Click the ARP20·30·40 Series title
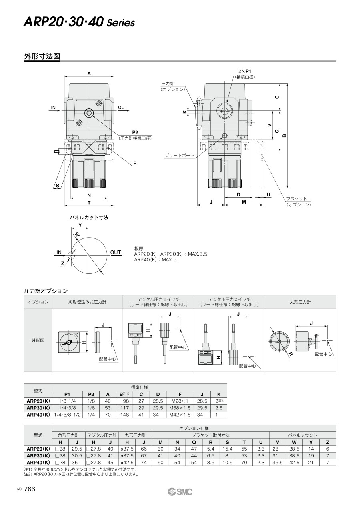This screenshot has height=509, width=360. [79, 22]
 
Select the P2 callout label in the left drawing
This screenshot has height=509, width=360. [135, 132]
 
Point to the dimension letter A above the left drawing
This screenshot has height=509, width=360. [89, 73]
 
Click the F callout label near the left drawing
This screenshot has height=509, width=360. [135, 163]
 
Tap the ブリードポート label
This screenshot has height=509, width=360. [180, 155]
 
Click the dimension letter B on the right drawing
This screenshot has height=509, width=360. [284, 136]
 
